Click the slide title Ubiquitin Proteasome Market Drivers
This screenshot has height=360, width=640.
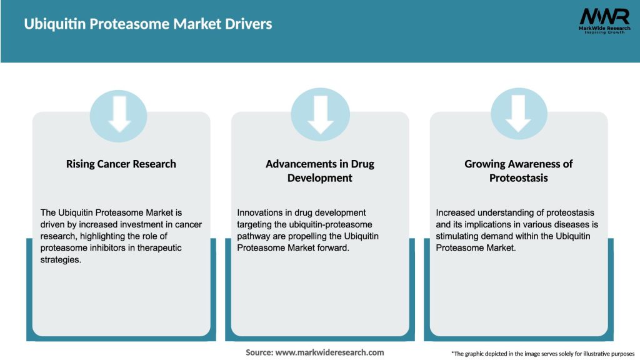click(x=147, y=24)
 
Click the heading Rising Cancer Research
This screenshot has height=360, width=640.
click(x=121, y=164)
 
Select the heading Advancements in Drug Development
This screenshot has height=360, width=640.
click(x=320, y=171)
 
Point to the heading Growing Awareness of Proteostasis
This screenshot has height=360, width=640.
click(x=519, y=171)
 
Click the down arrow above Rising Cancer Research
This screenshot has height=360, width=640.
click(x=119, y=114)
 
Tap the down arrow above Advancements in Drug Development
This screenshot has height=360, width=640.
click(x=320, y=114)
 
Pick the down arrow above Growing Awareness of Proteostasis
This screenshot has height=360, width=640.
click(x=519, y=114)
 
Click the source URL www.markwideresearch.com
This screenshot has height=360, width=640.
click(x=331, y=352)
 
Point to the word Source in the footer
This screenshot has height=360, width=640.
click(x=259, y=352)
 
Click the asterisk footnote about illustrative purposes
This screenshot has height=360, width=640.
click(x=542, y=353)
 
